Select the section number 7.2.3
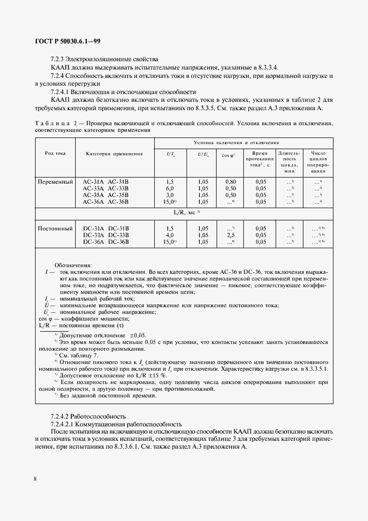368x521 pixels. [x=58, y=58]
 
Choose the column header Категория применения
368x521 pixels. [x=114, y=153]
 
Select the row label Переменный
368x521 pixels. [x=55, y=182]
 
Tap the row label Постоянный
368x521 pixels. [x=55, y=228]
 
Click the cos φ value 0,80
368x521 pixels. [x=230, y=182]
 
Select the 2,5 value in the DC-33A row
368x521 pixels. [x=230, y=235]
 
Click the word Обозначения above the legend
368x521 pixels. [x=73, y=265]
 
